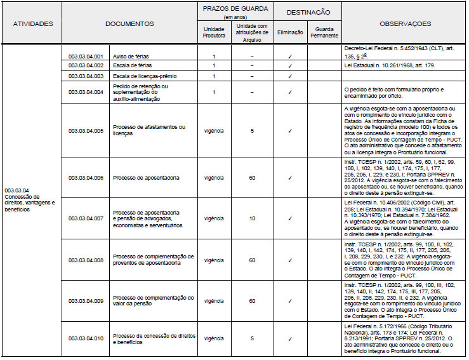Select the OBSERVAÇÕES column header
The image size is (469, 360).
tap(406, 24)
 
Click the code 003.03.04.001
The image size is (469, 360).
tap(85, 56)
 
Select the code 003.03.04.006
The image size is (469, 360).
tap(85, 177)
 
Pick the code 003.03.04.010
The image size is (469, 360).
tap(85, 339)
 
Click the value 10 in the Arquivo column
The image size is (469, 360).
tap(252, 218)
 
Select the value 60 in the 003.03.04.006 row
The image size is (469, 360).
tap(252, 177)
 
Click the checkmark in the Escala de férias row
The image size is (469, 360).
tap(290, 65)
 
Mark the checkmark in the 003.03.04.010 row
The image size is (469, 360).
tap(290, 339)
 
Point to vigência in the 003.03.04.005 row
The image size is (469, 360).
tap(214, 131)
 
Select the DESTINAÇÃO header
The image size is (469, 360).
tap(307, 12)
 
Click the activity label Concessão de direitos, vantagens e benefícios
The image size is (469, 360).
tap(30, 200)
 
